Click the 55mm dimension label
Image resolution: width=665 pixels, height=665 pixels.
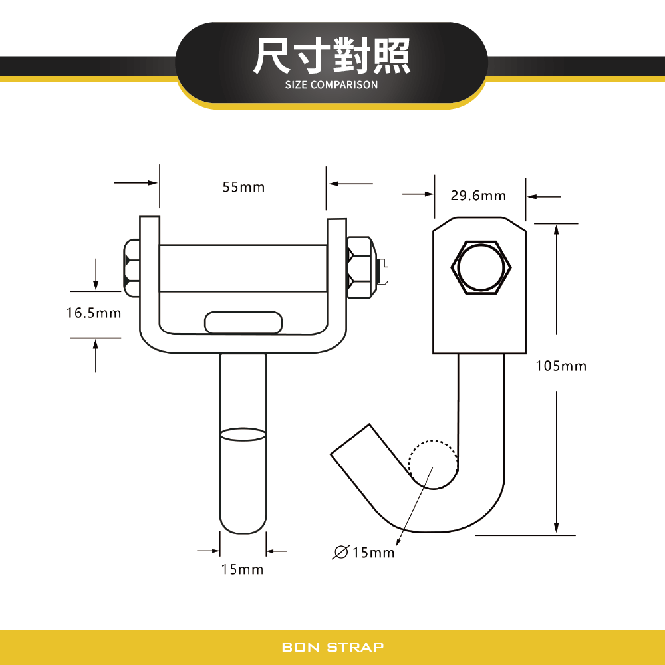tap(243, 187)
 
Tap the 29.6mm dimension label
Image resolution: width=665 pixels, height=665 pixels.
tap(478, 196)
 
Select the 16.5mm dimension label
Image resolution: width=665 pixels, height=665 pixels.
tap(94, 312)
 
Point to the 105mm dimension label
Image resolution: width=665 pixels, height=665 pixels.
tap(561, 366)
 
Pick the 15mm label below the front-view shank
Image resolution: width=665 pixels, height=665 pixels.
tap(243, 569)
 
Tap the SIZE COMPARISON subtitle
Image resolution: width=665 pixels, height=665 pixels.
tap(331, 85)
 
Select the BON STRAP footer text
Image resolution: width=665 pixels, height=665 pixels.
tap(332, 647)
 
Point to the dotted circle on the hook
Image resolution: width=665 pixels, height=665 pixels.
tap(433, 464)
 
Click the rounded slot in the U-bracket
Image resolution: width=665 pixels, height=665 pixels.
tap(243, 323)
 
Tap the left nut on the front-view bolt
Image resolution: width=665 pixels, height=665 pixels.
tap(132, 267)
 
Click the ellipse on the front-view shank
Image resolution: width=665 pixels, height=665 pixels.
tap(243, 435)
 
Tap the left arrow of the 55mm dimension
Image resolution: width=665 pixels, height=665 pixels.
tap(136, 182)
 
